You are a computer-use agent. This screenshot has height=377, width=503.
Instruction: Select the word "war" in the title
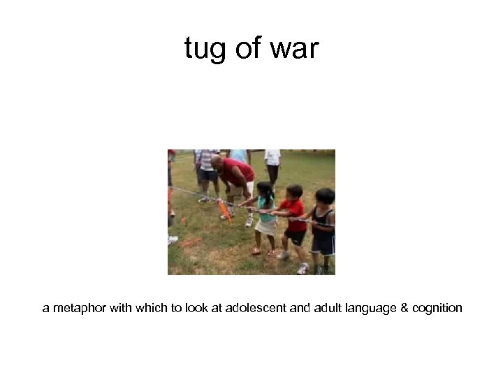coord(294,49)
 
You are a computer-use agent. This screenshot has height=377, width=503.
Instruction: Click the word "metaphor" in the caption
coord(78,308)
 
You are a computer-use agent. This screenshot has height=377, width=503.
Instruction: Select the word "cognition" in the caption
coord(438,308)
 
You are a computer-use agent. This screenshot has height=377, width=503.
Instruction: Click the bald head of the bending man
coord(217,163)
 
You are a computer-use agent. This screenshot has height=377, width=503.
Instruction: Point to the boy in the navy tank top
coord(323,223)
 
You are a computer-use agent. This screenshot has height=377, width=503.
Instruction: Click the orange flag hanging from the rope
coord(224,209)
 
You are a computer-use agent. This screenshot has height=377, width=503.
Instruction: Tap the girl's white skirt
coord(265,226)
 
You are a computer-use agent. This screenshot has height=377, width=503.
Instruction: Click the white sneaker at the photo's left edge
coord(172,239)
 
